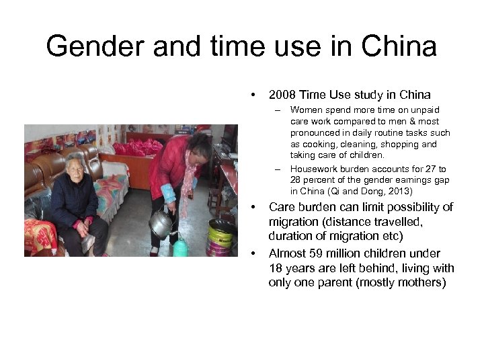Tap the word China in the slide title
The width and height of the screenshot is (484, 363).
pyautogui.click(x=398, y=47)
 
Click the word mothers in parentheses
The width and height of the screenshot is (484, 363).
pyautogui.click(x=420, y=282)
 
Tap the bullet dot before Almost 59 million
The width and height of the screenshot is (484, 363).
pyautogui.click(x=253, y=253)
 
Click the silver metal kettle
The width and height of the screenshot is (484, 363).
pyautogui.click(x=161, y=225)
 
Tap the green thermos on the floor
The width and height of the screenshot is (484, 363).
pyautogui.click(x=180, y=248)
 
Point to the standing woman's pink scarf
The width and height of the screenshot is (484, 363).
pyautogui.click(x=188, y=182)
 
